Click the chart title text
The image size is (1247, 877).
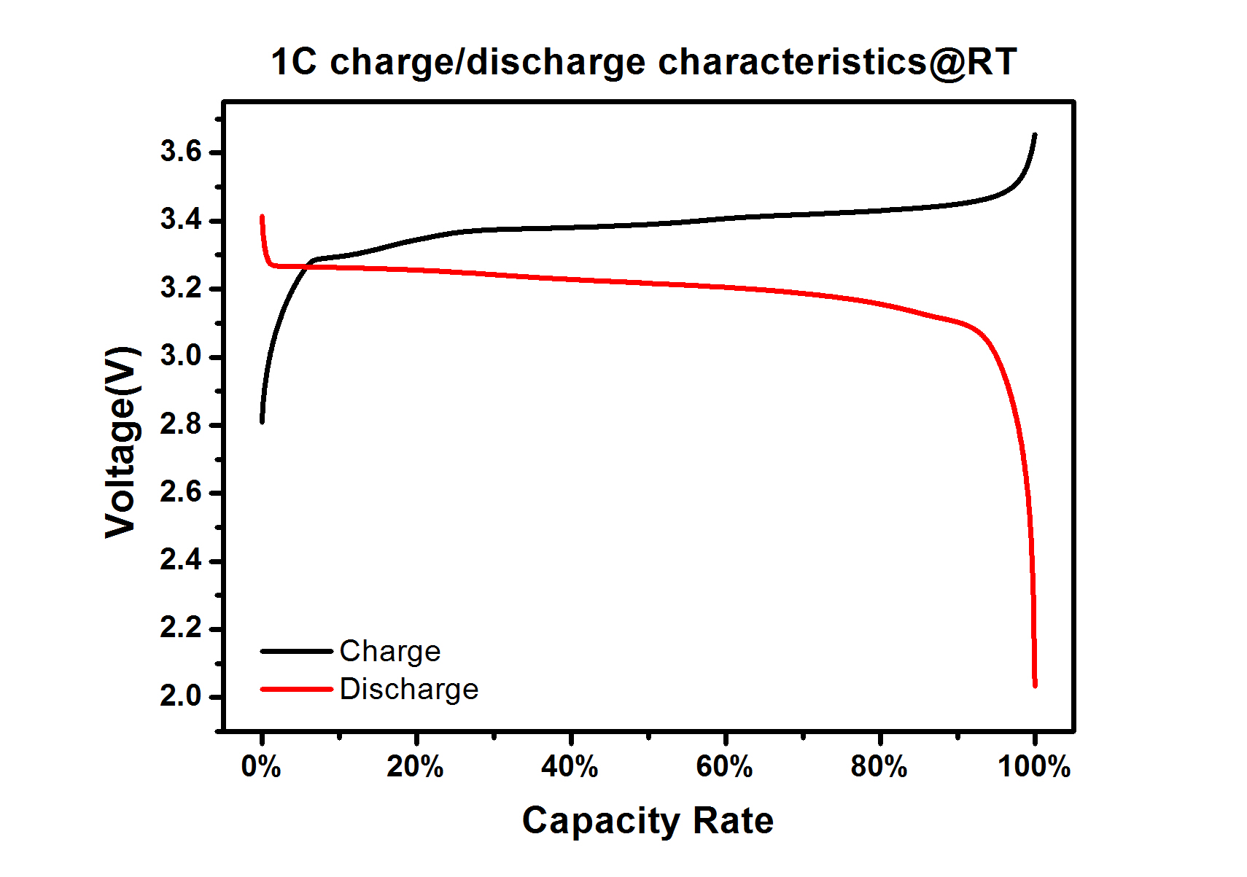(643, 62)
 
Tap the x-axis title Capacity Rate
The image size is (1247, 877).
(648, 821)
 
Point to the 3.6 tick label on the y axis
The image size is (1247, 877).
(181, 152)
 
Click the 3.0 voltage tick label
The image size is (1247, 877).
(181, 356)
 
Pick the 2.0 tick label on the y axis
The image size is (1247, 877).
(181, 696)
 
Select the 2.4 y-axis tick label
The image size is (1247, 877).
(181, 560)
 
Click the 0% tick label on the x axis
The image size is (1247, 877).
(261, 767)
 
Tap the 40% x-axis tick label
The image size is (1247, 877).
(570, 767)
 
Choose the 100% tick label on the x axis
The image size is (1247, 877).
(1034, 767)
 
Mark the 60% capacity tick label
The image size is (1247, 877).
(724, 767)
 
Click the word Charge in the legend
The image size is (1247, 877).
(390, 651)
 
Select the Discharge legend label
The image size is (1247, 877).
(409, 689)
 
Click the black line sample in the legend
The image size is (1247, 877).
(296, 651)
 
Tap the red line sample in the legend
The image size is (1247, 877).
(296, 689)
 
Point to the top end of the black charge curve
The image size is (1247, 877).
(1034, 135)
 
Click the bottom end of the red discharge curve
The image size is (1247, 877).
(1035, 685)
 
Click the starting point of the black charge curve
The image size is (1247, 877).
(262, 421)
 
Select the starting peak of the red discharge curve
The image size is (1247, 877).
(262, 217)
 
